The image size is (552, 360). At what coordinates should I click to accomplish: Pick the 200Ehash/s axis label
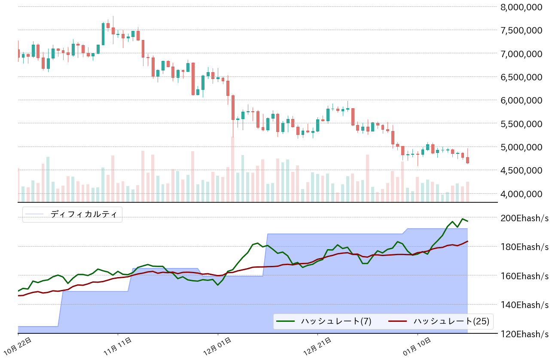[525, 218]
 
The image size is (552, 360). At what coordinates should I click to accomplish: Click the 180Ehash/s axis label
[525, 247]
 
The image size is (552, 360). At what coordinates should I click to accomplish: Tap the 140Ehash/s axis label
[525, 305]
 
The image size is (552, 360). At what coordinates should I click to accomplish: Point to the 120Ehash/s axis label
[525, 334]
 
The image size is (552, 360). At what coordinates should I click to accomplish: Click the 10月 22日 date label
[19, 346]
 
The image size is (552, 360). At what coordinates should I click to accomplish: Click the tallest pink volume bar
[232, 169]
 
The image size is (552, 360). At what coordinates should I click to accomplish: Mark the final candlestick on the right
[467, 160]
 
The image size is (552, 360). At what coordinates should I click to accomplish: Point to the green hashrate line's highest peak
[463, 219]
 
